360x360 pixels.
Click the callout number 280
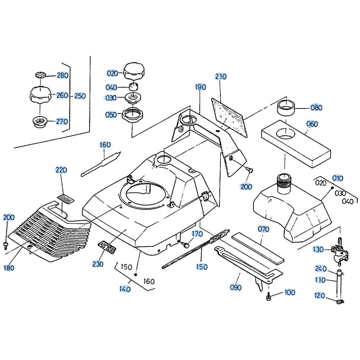pyautogui.click(x=62, y=76)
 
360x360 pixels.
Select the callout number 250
pyautogui.click(x=80, y=96)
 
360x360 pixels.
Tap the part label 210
pyautogui.click(x=221, y=76)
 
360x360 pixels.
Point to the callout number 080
pyautogui.click(x=316, y=108)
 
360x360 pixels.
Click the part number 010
pyautogui.click(x=338, y=178)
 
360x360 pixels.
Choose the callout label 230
pyautogui.click(x=98, y=264)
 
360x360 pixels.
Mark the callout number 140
pyautogui.click(x=125, y=289)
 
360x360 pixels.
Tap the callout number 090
pyautogui.click(x=235, y=287)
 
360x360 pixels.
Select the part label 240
pyautogui.click(x=320, y=269)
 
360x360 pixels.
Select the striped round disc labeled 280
pyautogui.click(x=41, y=75)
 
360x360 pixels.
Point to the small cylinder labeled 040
pyautogui.click(x=134, y=87)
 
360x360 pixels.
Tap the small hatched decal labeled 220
pyautogui.click(x=65, y=198)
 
